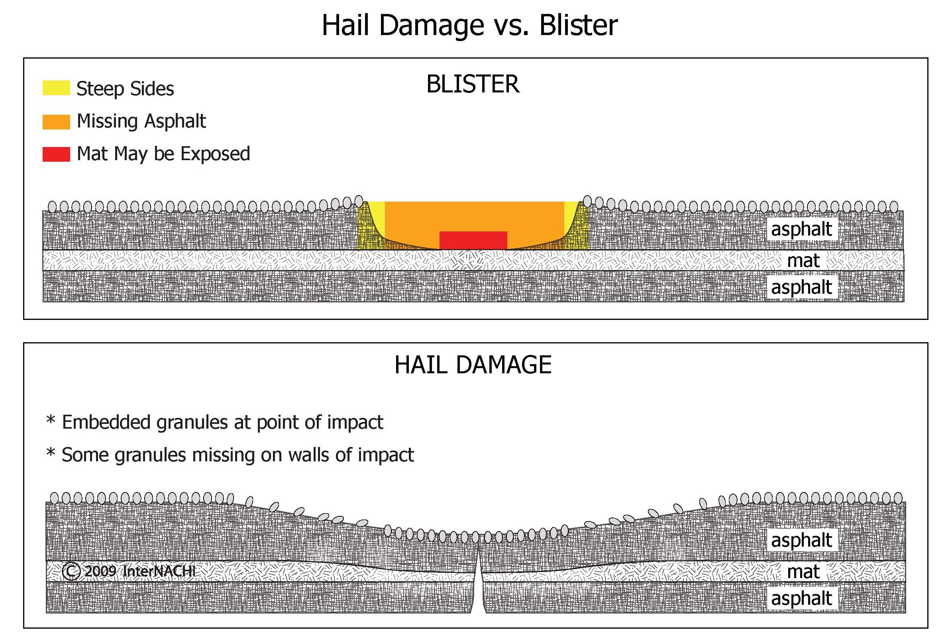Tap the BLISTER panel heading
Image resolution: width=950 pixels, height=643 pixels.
pyautogui.click(x=473, y=84)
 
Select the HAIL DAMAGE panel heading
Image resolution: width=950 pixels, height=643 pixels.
pyautogui.click(x=473, y=365)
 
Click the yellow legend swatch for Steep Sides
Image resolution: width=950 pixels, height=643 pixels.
pyautogui.click(x=56, y=88)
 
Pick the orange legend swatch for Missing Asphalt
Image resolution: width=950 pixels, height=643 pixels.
pyautogui.click(x=56, y=122)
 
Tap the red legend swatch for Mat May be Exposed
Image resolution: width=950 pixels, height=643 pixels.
pyautogui.click(x=56, y=154)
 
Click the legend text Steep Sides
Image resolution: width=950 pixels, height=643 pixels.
pyautogui.click(x=125, y=89)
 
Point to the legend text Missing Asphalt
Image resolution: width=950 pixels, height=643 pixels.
pyautogui.click(x=141, y=122)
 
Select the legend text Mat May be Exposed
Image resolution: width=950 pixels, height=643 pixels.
pyautogui.click(x=163, y=154)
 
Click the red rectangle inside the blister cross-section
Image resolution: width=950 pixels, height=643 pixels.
pyautogui.click(x=473, y=240)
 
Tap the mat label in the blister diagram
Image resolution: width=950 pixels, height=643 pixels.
pyautogui.click(x=803, y=261)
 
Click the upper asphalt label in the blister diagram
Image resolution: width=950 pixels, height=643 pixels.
pyautogui.click(x=801, y=229)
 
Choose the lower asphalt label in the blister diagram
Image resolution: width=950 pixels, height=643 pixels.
pyautogui.click(x=801, y=287)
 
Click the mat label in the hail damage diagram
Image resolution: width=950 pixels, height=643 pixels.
pyautogui.click(x=803, y=571)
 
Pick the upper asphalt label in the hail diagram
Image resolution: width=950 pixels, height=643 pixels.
pyautogui.click(x=801, y=540)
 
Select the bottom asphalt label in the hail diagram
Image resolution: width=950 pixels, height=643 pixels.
pyautogui.click(x=801, y=598)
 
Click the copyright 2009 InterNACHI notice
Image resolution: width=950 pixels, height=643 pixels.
pyautogui.click(x=129, y=571)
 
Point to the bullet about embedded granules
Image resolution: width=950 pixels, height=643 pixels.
pyautogui.click(x=215, y=422)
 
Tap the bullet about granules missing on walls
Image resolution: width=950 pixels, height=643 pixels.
pyautogui.click(x=230, y=455)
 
